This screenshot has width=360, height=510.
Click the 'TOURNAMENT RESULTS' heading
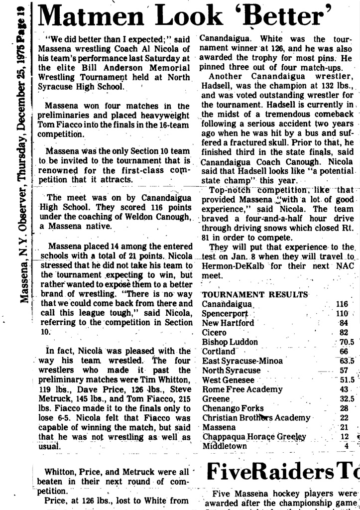[x=255, y=294]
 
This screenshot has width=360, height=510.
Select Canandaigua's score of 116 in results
[x=342, y=304]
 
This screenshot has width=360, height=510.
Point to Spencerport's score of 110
[x=342, y=313]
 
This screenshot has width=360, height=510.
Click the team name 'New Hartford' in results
[x=228, y=323]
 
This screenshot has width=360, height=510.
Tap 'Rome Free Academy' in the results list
[x=242, y=389]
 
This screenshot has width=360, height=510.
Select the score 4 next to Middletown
[x=346, y=446]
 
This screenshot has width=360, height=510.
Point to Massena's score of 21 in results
[x=344, y=427]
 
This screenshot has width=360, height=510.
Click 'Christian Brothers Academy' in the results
[x=256, y=417]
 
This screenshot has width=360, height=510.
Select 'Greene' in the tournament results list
[x=216, y=398]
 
